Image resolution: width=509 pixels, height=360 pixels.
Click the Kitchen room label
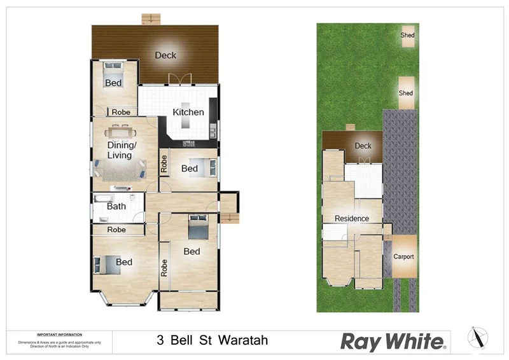pos(188,113)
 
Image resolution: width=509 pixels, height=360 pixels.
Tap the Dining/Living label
pos(120,150)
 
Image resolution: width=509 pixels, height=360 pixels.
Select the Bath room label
pos(116,206)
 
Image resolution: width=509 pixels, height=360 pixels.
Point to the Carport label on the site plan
pos(403,257)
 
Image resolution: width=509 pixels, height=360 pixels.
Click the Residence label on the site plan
pos(352,218)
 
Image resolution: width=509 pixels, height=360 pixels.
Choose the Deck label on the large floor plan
pos(165,55)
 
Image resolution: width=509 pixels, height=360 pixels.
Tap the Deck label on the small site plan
pos(363,146)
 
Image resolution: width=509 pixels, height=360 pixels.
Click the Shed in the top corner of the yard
pos(407,36)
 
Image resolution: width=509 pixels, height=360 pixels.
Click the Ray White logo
pos(394,342)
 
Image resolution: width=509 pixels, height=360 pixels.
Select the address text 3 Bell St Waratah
pos(212,340)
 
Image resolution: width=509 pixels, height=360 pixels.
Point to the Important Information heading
pos(59,335)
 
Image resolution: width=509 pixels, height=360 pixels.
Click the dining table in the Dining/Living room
pos(120,132)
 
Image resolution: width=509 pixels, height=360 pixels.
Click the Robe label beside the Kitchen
pos(121,112)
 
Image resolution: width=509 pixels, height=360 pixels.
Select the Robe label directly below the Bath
pos(116,230)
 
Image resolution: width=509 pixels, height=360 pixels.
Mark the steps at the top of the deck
pos(149,18)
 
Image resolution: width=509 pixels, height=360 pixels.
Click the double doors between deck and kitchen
pos(179,80)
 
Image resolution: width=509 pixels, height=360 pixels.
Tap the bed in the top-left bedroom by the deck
pos(113,72)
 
